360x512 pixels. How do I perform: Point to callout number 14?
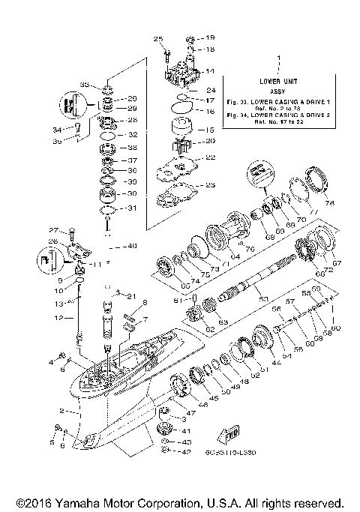(x=211, y=70)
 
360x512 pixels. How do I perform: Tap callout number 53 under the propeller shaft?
(x=263, y=298)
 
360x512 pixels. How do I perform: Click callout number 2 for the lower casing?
(x=61, y=411)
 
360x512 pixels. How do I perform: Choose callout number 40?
(x=132, y=245)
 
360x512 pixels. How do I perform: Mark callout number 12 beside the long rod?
(x=61, y=319)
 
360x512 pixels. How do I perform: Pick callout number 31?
(x=133, y=208)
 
